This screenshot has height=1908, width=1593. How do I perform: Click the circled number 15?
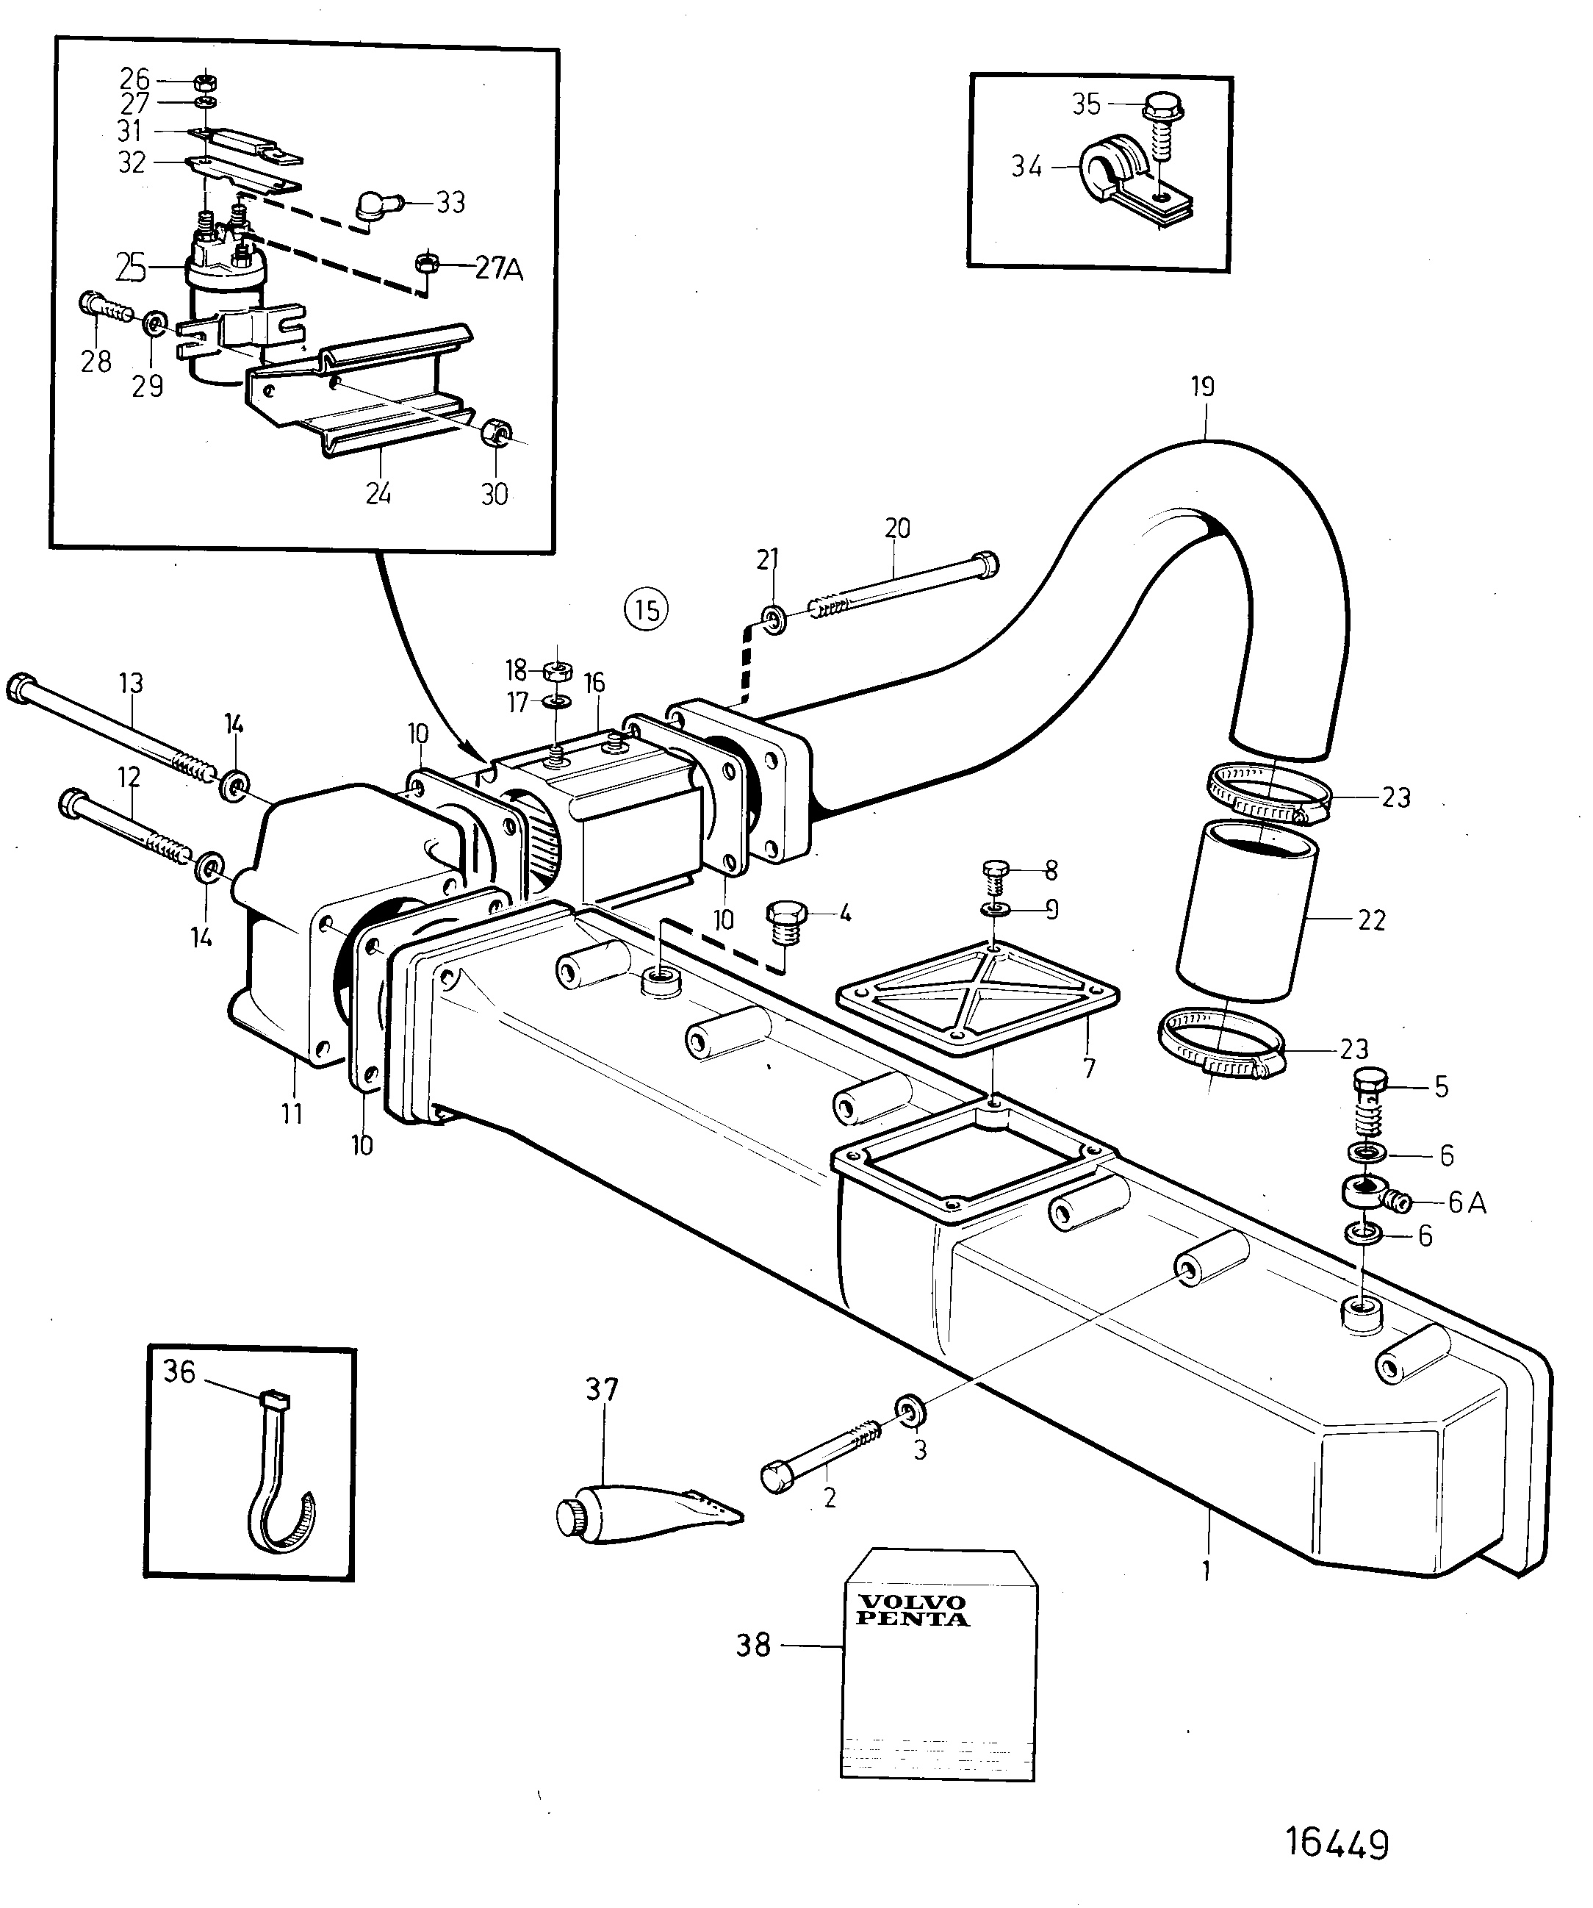click(x=647, y=609)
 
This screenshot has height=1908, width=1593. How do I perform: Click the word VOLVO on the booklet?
click(x=900, y=1601)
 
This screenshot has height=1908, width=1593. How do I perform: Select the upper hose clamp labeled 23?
click(x=1269, y=792)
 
